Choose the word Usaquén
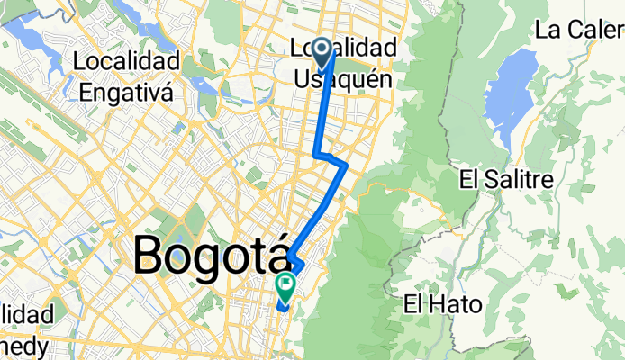pyautogui.click(x=343, y=79)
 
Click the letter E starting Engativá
pyautogui.click(x=86, y=91)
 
